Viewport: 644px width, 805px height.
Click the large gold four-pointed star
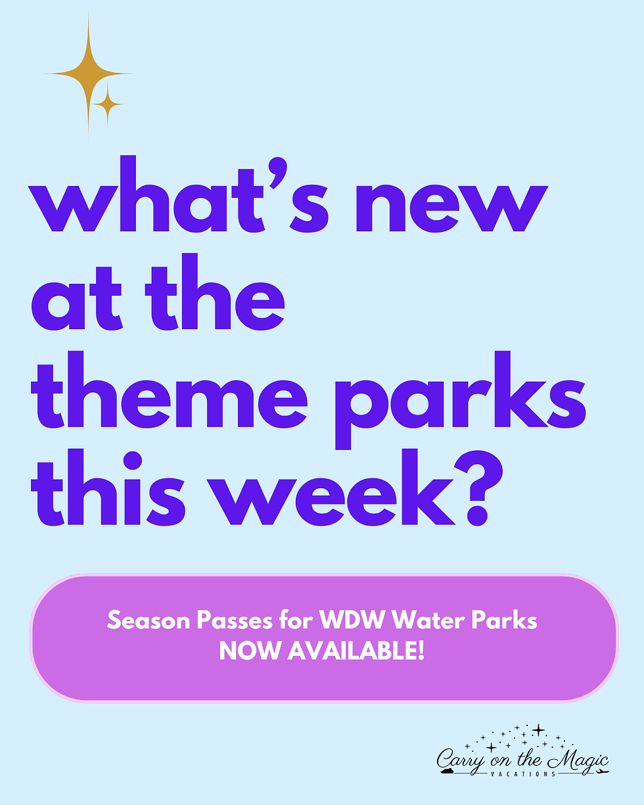[88, 74]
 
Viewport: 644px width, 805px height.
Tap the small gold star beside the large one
[108, 104]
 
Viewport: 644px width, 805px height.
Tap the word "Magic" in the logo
[578, 760]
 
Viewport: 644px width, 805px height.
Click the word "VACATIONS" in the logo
[522, 773]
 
